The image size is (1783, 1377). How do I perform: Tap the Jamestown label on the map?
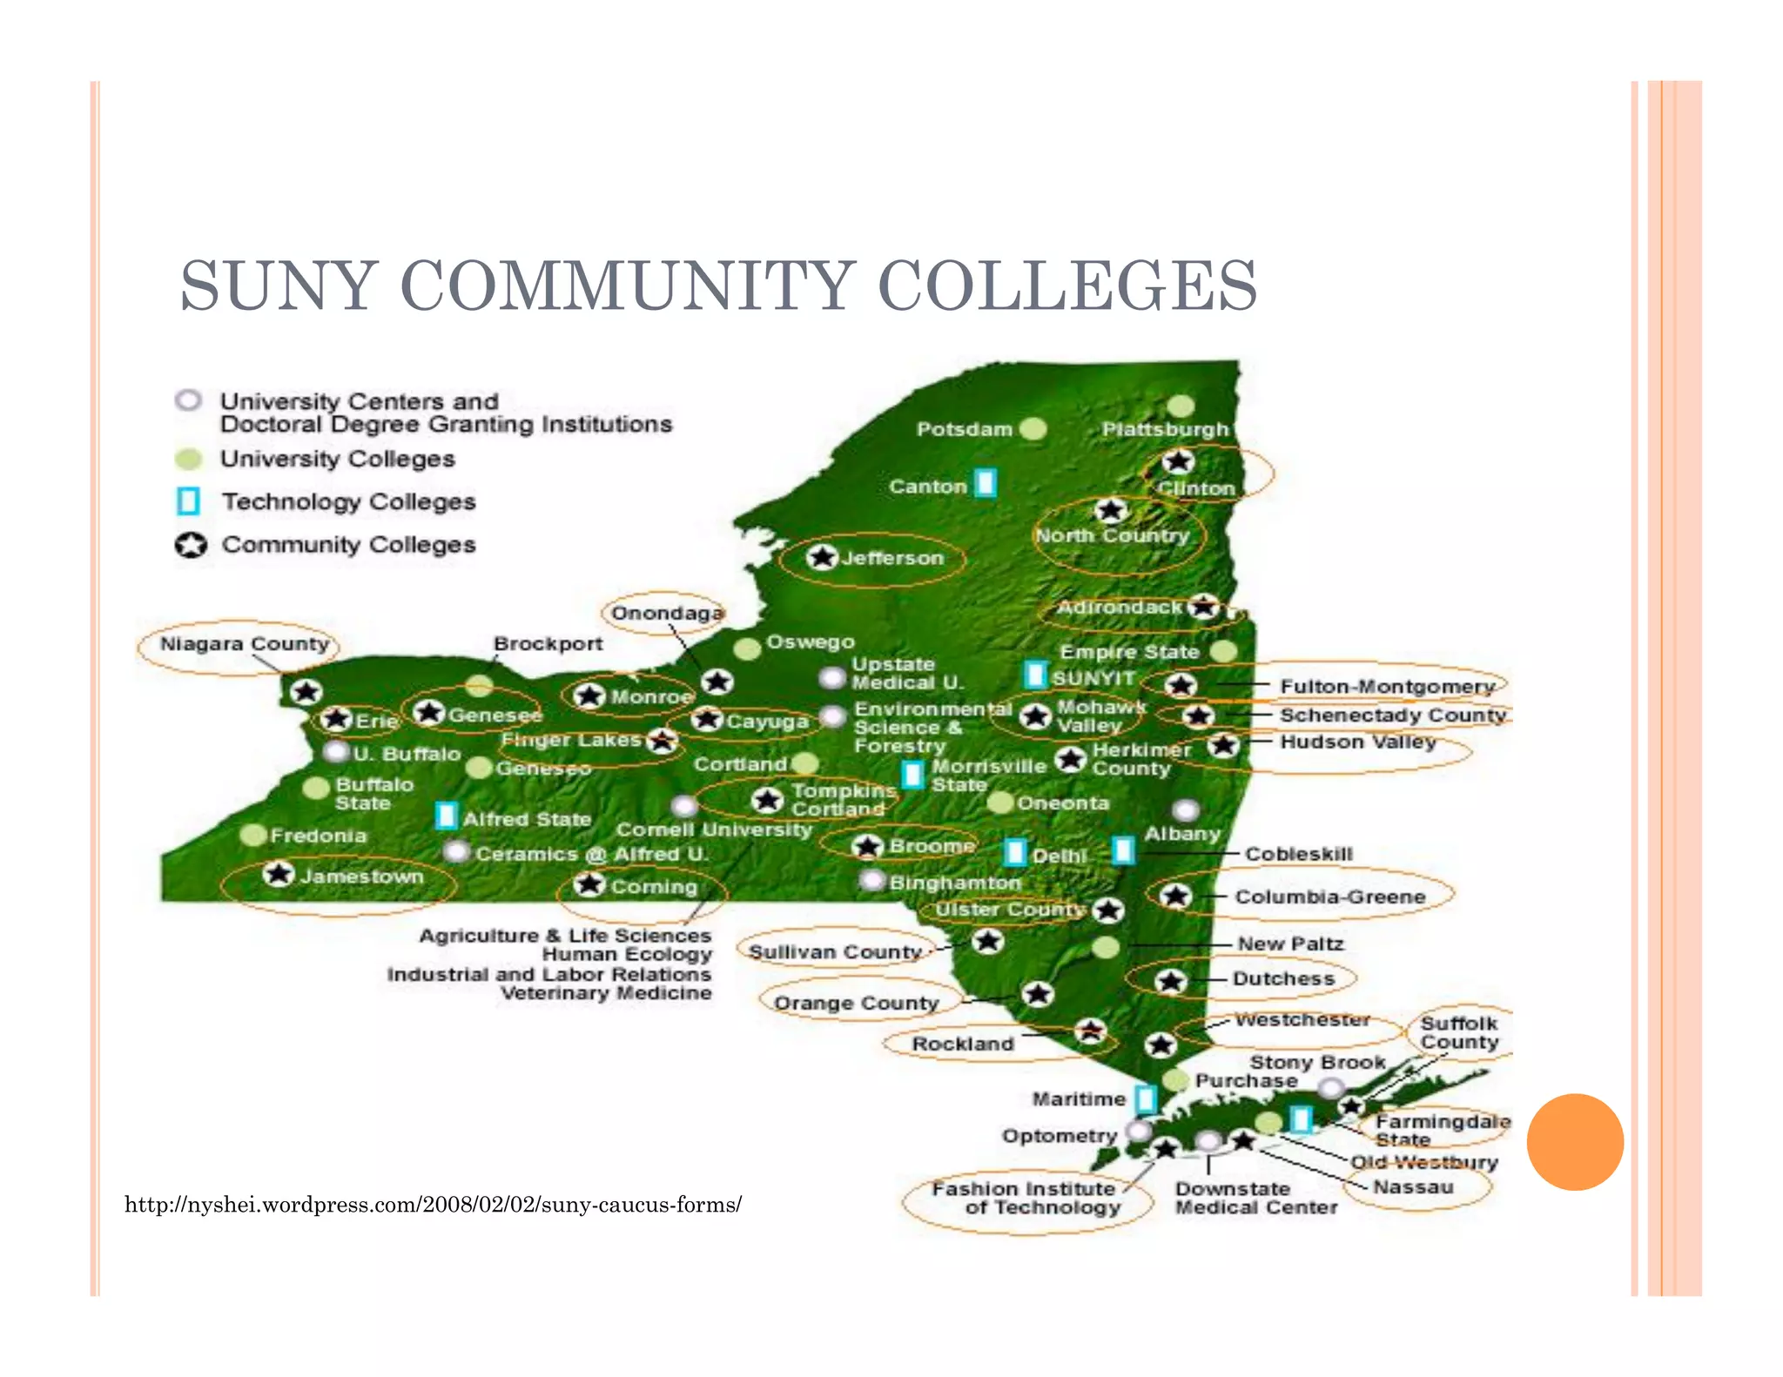[361, 877]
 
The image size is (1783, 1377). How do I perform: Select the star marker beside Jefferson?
[822, 557]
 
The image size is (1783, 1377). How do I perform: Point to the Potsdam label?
[964, 429]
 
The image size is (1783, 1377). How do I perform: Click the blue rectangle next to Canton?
[986, 483]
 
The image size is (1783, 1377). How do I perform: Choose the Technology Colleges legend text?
[348, 502]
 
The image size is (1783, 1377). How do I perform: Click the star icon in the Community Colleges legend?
[191, 545]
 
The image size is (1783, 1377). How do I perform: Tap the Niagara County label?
[245, 644]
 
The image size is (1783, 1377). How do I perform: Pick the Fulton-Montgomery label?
[1386, 687]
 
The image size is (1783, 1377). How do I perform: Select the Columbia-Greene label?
[1329, 897]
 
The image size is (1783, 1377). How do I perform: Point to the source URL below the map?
[433, 1205]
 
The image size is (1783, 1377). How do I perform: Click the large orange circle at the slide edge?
[1575, 1141]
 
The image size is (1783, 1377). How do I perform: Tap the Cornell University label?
[714, 830]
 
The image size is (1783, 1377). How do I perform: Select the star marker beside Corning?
[589, 884]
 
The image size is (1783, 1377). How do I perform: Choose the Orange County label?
[856, 1004]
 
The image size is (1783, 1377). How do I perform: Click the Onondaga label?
[667, 614]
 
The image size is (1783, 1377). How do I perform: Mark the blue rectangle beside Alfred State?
[447, 816]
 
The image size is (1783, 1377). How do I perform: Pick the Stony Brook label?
[1317, 1063]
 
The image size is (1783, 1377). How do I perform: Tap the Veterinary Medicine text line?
[606, 993]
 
